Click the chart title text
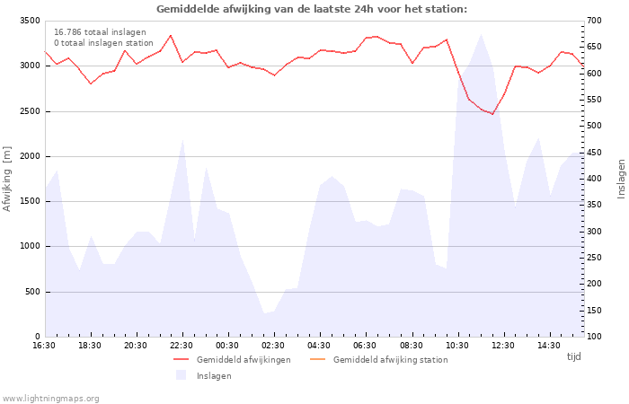pos(312,9)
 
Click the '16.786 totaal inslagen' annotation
pos(100,32)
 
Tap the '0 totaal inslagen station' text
pos(103,43)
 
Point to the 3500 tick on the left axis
pos(30,21)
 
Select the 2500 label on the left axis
pos(30,111)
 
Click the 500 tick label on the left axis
pos(32,292)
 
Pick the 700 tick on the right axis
pos(594,21)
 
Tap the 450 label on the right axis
pos(594,153)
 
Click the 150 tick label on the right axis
pos(594,311)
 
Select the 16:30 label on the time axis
pos(44,346)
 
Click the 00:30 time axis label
pos(227,346)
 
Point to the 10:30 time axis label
pos(456,346)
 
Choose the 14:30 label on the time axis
pos(549,346)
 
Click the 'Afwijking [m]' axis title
pos(7,179)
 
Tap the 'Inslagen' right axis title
pos(622,179)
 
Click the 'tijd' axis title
pos(573,356)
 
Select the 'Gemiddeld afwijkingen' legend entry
pos(232,360)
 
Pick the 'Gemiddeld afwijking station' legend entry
pos(379,360)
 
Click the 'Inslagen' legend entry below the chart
pos(204,375)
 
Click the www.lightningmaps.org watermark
pos(50,399)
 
